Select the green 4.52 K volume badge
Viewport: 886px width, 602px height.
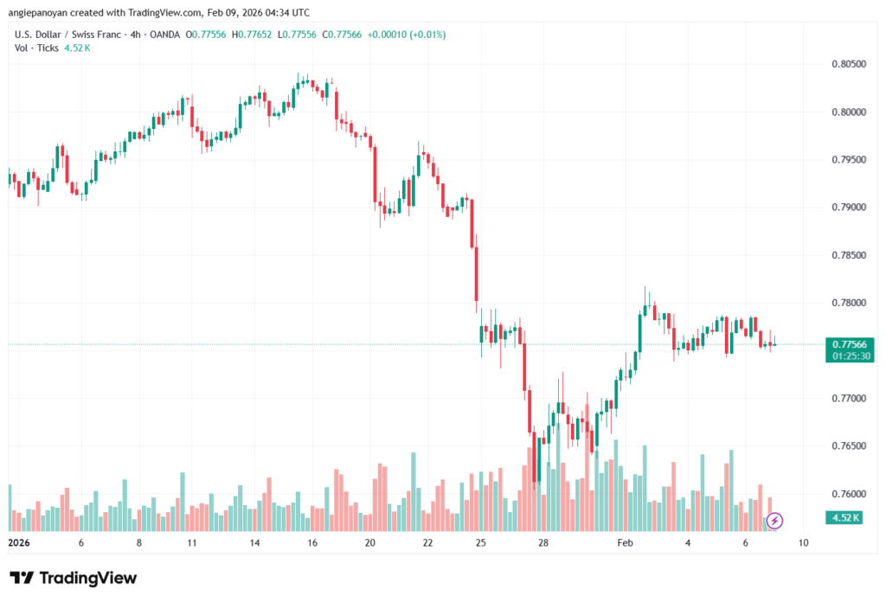click(844, 518)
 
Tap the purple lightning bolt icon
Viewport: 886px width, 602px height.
click(775, 520)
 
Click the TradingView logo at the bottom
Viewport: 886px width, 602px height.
click(74, 578)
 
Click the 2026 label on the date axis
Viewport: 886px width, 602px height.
click(19, 543)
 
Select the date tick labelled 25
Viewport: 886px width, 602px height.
click(481, 543)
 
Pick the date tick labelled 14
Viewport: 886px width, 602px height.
click(255, 543)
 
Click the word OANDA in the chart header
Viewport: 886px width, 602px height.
click(165, 34)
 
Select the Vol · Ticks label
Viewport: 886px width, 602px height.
click(37, 48)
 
